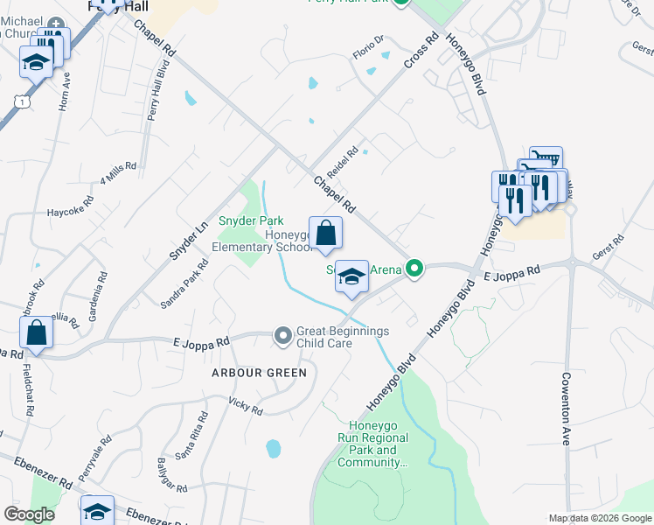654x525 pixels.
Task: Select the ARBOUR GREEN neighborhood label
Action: tap(246, 373)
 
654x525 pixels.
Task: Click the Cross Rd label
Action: tap(421, 52)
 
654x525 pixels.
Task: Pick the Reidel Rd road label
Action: tap(342, 161)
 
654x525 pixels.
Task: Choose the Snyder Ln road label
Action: tap(188, 238)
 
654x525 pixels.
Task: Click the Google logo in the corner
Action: tap(29, 514)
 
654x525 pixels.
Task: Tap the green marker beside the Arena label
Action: tap(416, 269)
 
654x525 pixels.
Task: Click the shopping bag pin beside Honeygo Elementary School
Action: tap(325, 234)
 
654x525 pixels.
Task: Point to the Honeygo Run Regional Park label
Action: tap(373, 444)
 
